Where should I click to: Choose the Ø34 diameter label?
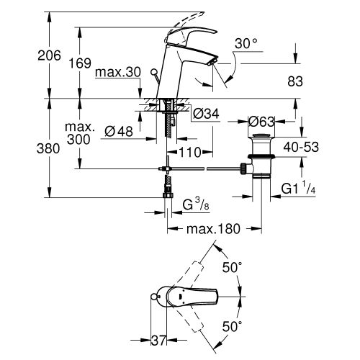pos(207,112)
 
